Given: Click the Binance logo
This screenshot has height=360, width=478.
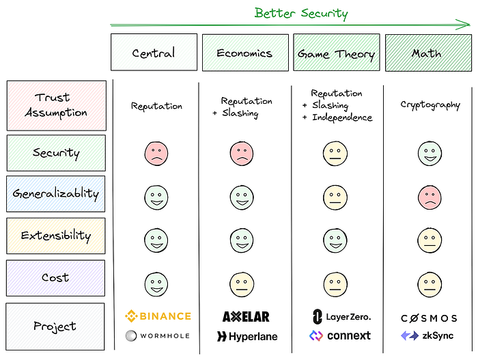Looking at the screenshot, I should [x=158, y=316].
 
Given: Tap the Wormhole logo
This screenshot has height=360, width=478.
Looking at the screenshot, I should [x=158, y=336].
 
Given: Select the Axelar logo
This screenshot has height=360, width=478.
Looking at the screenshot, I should [x=246, y=316].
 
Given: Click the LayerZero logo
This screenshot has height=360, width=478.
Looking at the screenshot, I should [x=341, y=316].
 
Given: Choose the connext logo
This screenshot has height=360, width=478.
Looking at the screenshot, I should [x=340, y=336].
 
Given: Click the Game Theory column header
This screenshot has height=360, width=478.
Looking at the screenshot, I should [x=337, y=53].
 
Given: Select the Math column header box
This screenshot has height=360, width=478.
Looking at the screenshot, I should [x=427, y=53].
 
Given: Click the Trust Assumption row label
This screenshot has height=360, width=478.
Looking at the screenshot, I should [x=56, y=105].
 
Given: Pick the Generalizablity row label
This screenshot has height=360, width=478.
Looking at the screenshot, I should [x=56, y=194].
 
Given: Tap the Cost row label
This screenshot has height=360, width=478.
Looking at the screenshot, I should [x=56, y=278].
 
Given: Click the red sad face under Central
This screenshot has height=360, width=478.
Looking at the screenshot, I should [x=156, y=153].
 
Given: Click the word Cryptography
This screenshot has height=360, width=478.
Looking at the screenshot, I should [x=430, y=105].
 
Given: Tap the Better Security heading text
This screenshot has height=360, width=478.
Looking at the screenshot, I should [x=301, y=13].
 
